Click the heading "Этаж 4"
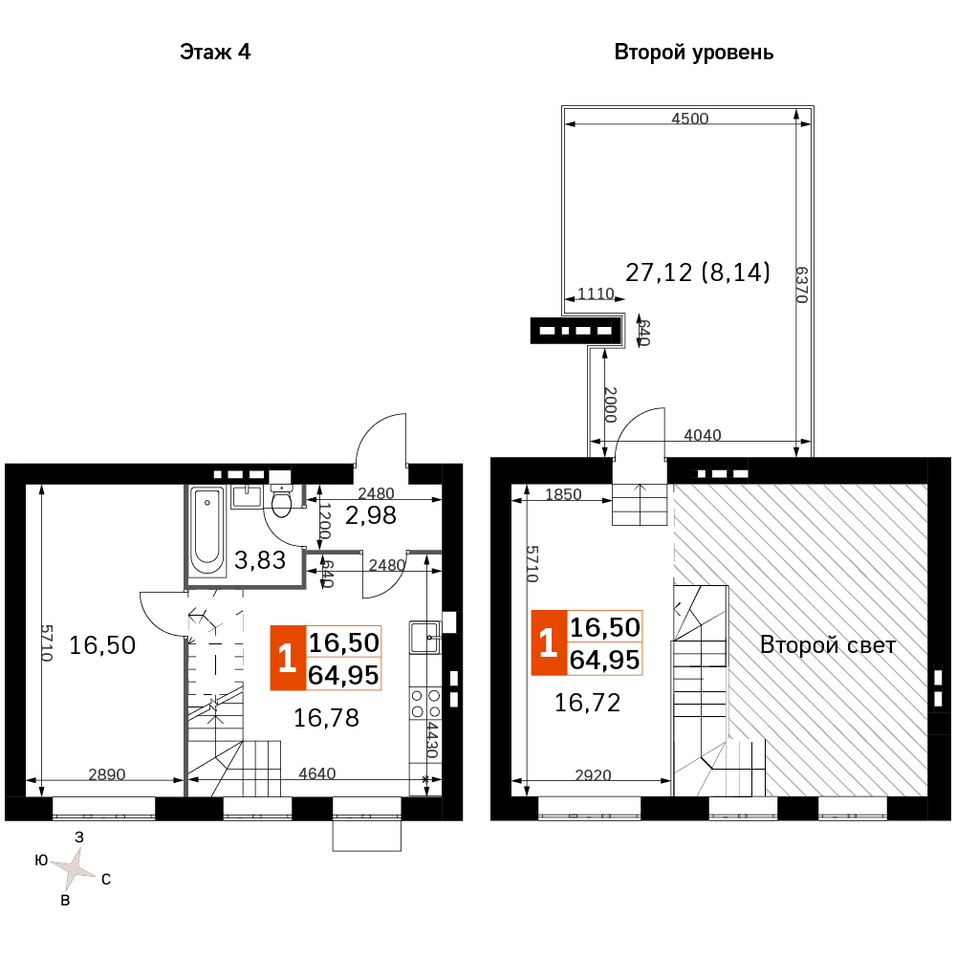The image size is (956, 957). pos(215,53)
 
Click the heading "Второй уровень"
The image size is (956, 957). pos(693,53)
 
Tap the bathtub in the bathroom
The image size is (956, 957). pos(206,530)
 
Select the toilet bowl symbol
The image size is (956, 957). pos(281,500)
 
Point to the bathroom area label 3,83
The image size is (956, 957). pos(260,559)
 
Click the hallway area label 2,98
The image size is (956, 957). pos(371,515)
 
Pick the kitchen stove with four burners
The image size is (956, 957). pos(425,703)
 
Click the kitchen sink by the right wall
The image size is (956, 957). pos(425,637)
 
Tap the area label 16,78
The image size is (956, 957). pos(326,718)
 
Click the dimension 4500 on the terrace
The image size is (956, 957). pos(690,119)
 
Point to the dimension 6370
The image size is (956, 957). pos(802,284)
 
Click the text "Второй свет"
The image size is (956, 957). pos(828,645)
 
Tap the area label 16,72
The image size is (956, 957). pos(587,703)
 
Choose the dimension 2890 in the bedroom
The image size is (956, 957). pos(107,773)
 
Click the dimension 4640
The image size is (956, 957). pos(317,773)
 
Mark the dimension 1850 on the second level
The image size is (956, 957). pos(563,493)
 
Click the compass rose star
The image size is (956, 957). pos(74,868)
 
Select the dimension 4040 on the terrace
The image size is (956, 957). pos(702,435)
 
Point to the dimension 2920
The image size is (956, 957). pos(593,774)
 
